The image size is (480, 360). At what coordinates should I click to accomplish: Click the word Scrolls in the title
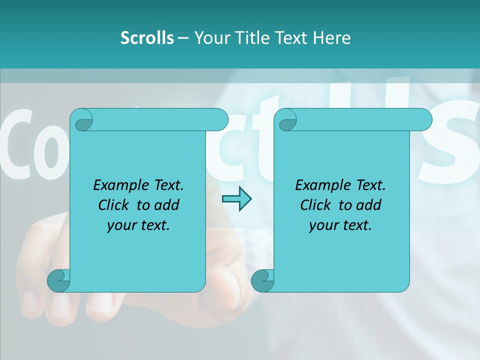click(x=147, y=38)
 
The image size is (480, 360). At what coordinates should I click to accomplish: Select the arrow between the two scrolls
click(x=236, y=199)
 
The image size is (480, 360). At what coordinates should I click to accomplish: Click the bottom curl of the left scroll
click(x=58, y=280)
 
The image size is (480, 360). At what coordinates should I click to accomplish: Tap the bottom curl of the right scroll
click(x=262, y=280)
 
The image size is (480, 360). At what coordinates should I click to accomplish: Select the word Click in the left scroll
click(x=114, y=205)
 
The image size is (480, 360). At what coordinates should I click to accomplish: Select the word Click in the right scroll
click(x=316, y=205)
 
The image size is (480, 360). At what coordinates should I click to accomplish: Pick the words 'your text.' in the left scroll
click(x=138, y=225)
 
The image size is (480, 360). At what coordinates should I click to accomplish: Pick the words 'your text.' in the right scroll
click(x=340, y=225)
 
